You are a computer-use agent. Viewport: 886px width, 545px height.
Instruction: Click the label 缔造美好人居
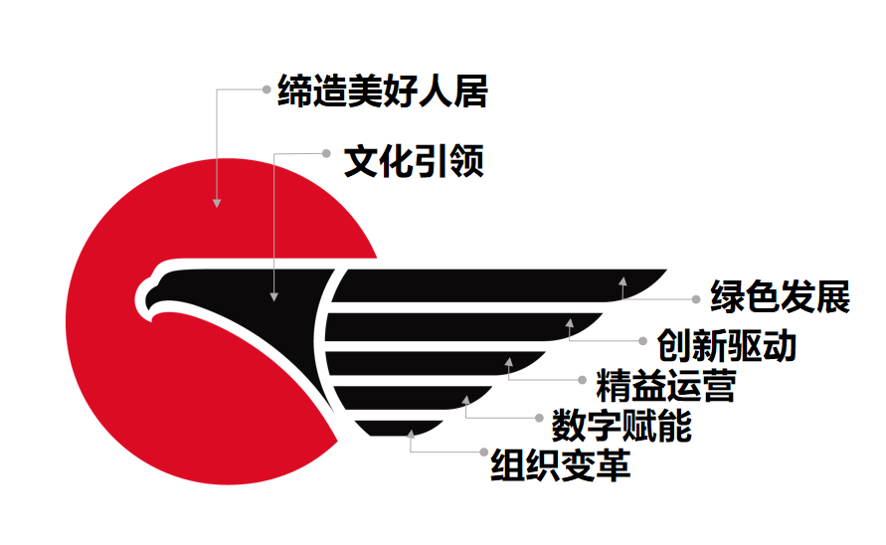(383, 92)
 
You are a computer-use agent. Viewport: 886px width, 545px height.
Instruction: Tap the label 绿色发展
(780, 297)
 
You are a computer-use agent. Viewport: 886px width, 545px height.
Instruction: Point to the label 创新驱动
(727, 345)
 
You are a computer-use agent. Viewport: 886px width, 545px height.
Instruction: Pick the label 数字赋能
(621, 426)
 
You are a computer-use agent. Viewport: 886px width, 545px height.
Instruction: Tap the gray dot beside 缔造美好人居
(266, 90)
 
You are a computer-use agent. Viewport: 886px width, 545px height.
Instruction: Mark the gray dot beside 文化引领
(326, 153)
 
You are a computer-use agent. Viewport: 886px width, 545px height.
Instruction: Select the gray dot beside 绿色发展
(697, 297)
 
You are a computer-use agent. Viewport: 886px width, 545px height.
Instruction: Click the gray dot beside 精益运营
(583, 379)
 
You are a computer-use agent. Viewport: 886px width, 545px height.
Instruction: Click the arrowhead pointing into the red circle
(217, 202)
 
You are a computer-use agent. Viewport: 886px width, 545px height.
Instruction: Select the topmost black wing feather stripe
(497, 284)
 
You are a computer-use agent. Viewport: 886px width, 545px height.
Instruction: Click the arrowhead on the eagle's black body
(275, 294)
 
